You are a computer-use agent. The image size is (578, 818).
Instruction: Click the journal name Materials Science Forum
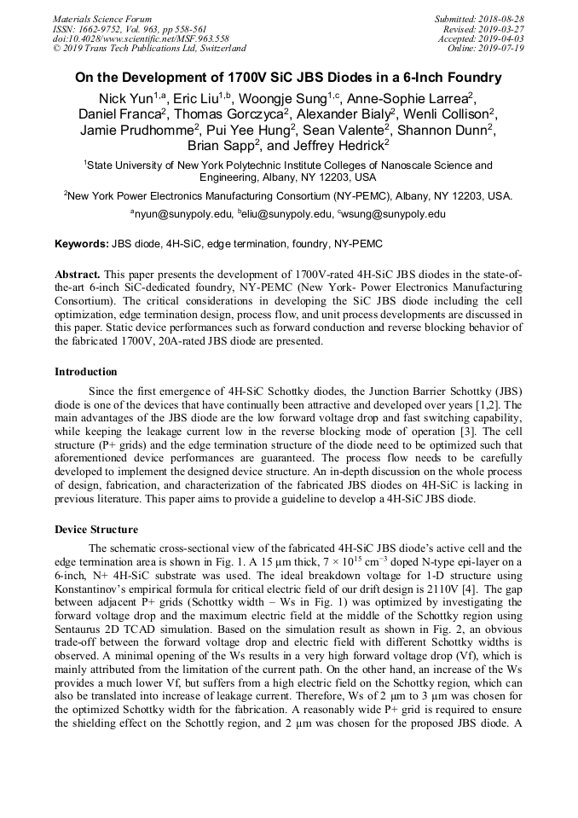102,19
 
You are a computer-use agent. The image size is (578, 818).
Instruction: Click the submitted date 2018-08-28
500,19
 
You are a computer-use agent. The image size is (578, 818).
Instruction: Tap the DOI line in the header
141,38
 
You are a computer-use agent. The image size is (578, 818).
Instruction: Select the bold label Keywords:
82,244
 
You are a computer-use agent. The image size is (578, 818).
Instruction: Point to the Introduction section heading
86,372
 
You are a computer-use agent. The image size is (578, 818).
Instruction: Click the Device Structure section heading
95,529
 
